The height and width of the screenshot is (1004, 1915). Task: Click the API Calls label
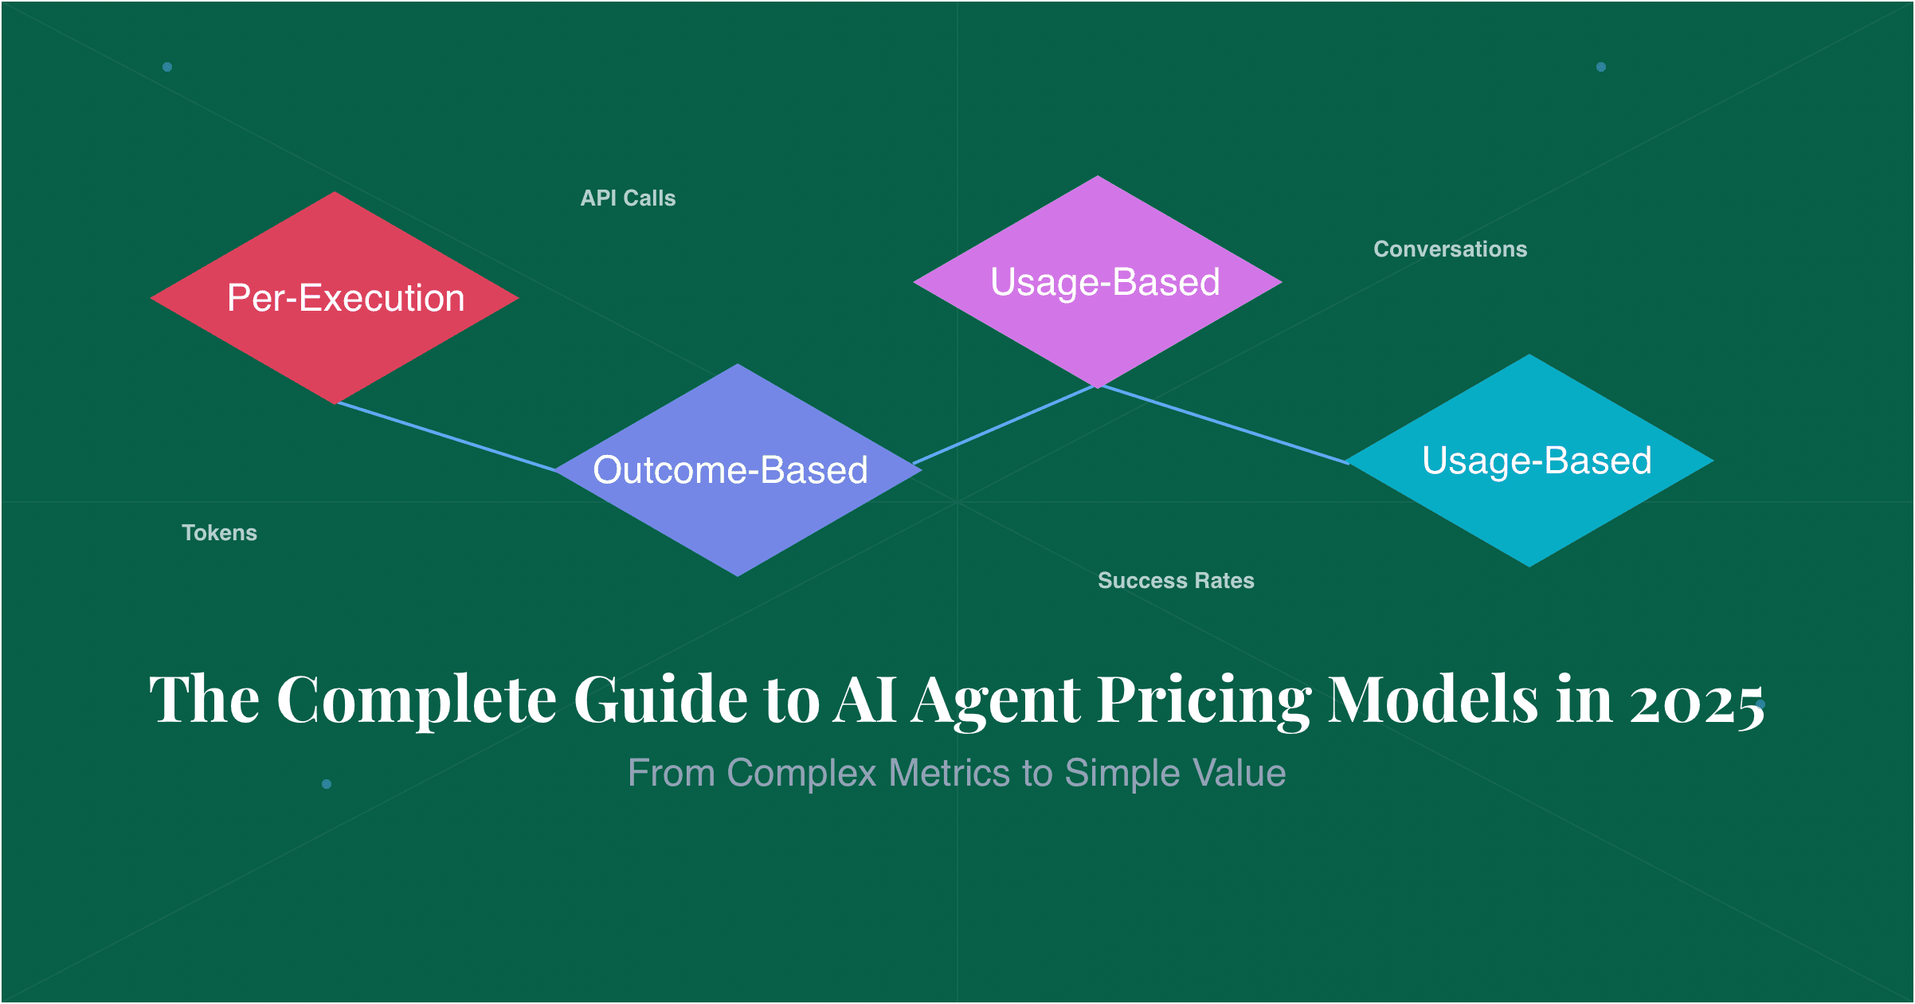628,198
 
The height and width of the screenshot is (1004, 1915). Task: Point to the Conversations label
1450,249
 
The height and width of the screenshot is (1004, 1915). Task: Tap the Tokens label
219,533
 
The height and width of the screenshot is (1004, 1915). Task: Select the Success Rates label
1176,581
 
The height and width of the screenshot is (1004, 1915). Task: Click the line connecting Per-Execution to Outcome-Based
446,437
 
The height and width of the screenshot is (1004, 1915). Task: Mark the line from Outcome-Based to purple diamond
1004,425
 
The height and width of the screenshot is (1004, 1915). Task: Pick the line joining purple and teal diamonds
1223,424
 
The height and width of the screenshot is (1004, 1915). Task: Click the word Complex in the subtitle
801,773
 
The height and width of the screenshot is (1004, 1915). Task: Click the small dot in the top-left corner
167,67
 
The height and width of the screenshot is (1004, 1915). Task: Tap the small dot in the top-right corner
1601,67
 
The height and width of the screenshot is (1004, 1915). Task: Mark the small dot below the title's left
327,784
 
